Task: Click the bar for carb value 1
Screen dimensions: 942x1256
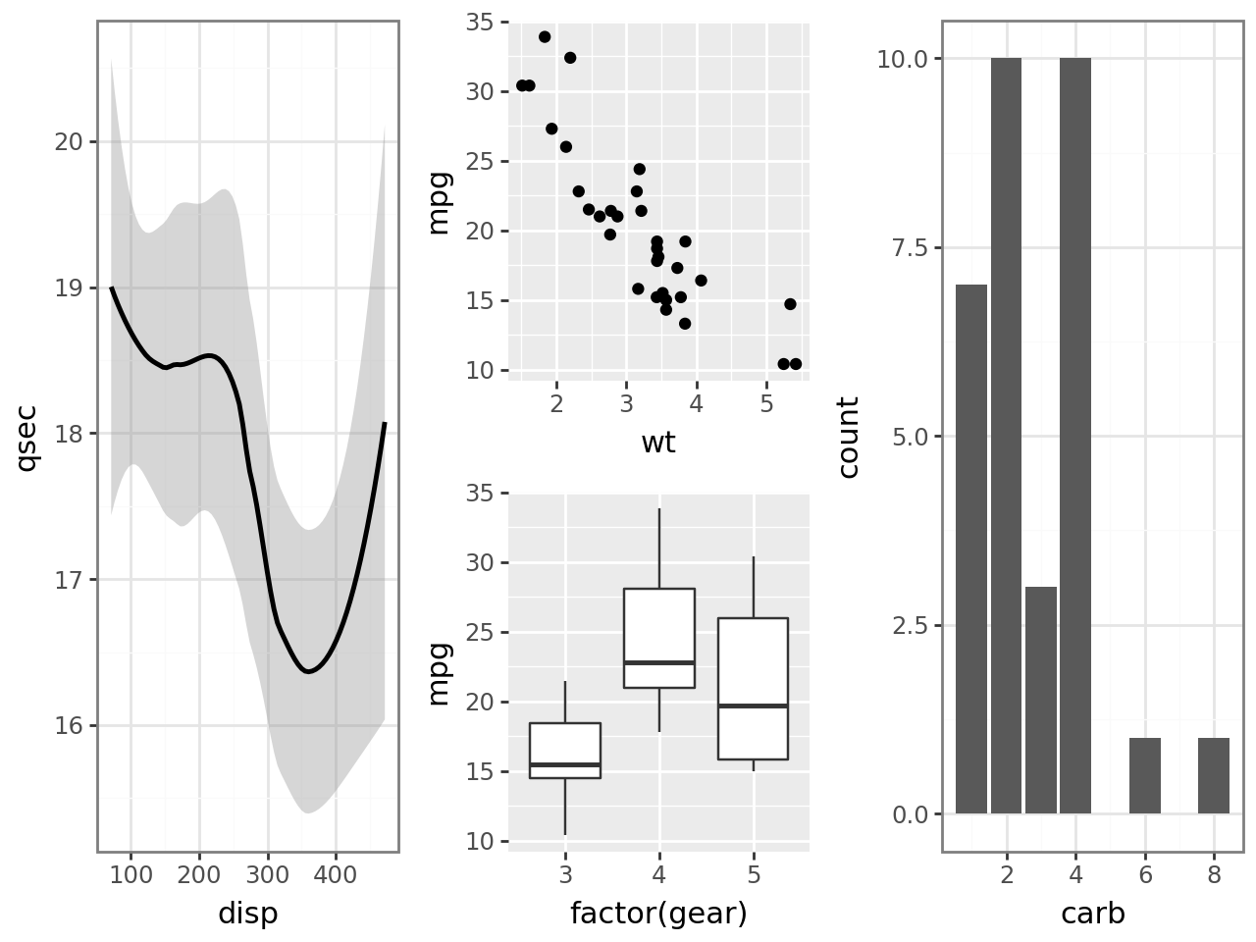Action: (x=971, y=549)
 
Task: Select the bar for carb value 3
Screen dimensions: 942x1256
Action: (x=1041, y=701)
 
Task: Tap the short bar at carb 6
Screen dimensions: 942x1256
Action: (x=1145, y=776)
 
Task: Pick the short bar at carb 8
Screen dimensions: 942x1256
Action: (x=1214, y=776)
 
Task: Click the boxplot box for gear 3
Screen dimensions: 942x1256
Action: (x=565, y=751)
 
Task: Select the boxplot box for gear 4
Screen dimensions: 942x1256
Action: (x=659, y=638)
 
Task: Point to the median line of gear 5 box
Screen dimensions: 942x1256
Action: (x=754, y=706)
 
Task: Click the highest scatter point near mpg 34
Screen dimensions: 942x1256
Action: (x=545, y=37)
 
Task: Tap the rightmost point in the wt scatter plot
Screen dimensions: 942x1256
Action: (x=796, y=364)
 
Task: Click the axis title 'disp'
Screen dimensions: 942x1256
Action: (x=247, y=914)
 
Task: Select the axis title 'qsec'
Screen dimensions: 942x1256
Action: (x=26, y=437)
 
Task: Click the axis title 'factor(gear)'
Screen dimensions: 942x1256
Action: (x=658, y=914)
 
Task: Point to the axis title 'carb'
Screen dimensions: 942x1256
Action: (x=1092, y=914)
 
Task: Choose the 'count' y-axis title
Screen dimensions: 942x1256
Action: (x=849, y=437)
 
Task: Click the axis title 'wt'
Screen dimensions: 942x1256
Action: (x=658, y=443)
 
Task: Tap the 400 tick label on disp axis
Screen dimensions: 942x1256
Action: (x=336, y=874)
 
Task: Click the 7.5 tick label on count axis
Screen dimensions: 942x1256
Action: (x=910, y=247)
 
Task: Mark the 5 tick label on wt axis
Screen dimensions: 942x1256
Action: (x=766, y=405)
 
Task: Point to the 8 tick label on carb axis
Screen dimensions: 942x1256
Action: (x=1214, y=874)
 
